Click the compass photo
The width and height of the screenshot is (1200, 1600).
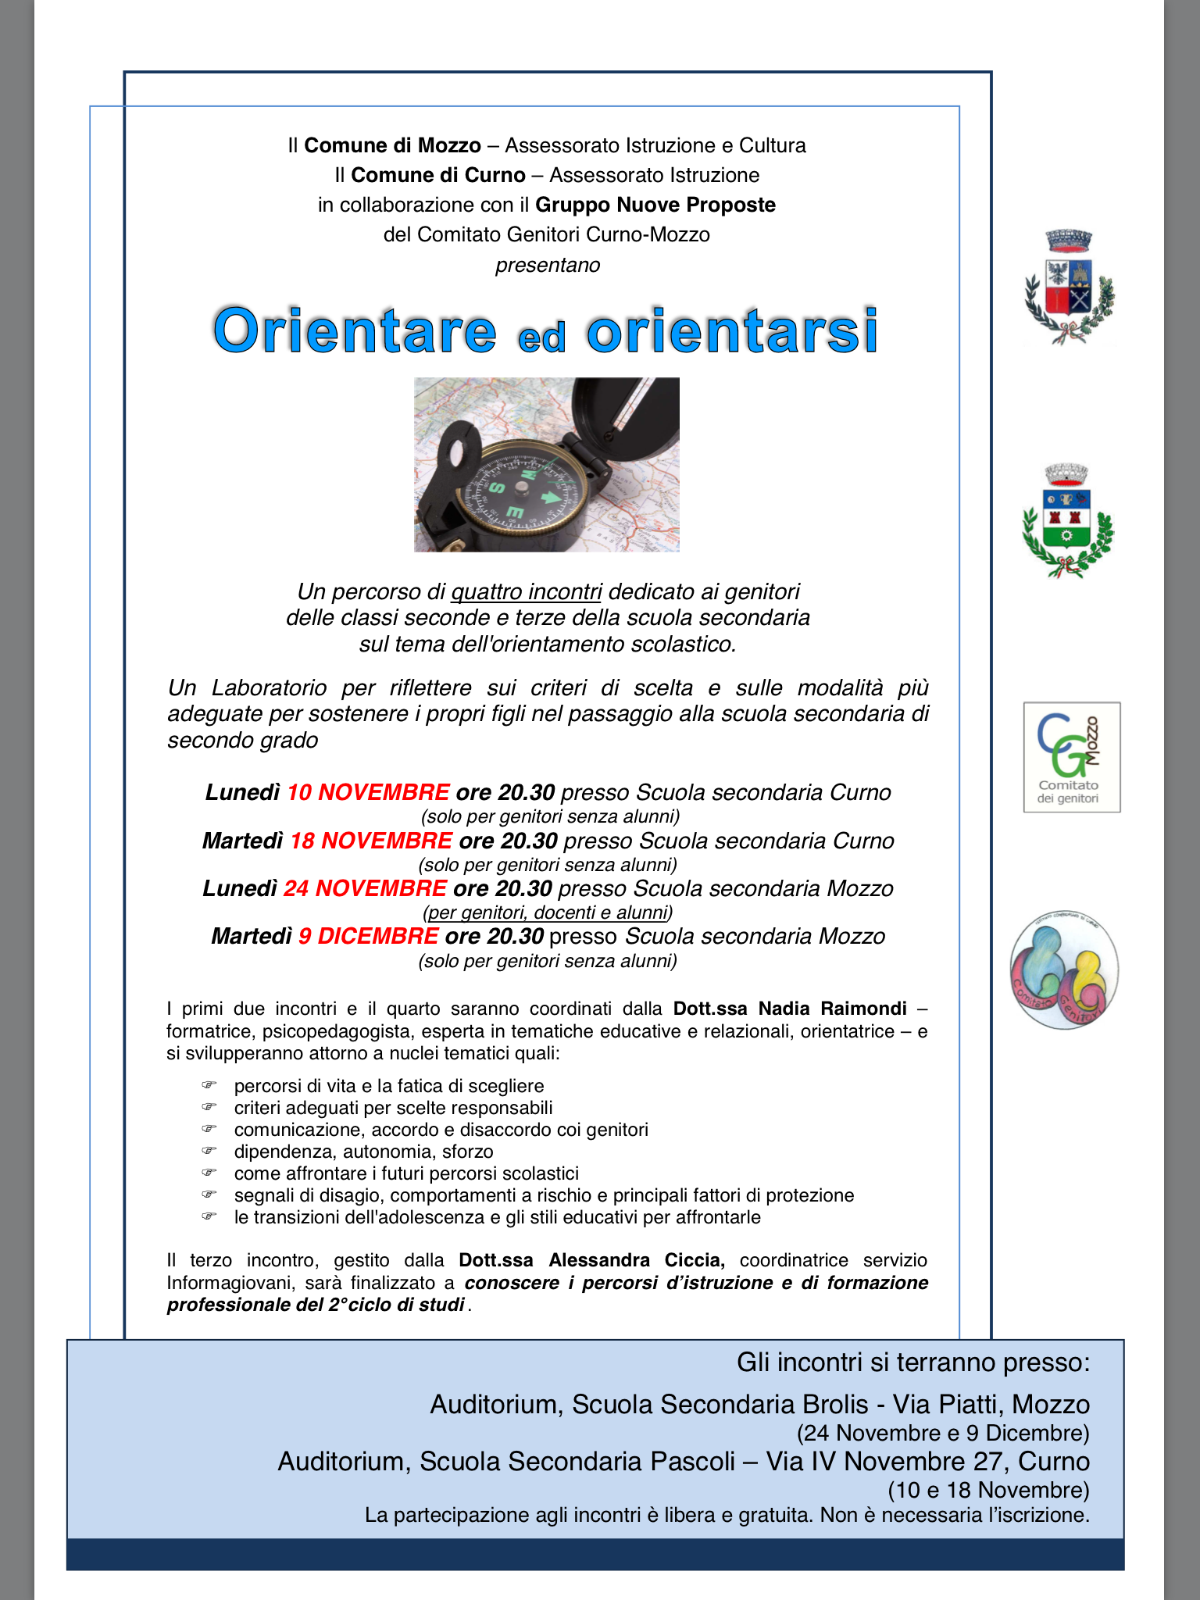coord(546,465)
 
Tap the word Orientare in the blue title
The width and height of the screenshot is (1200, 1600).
coord(355,330)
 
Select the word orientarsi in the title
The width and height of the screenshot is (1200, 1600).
coord(732,330)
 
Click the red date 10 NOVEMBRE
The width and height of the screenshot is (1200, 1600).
coord(368,792)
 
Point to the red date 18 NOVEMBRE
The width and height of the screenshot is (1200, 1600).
coord(371,841)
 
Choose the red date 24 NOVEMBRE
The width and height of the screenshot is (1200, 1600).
coord(365,888)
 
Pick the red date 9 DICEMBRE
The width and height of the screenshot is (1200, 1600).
coord(368,936)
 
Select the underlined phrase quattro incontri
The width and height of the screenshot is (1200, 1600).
coord(526,591)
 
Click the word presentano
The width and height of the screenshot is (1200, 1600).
coord(548,265)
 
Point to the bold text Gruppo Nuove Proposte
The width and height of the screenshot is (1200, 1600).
coord(655,205)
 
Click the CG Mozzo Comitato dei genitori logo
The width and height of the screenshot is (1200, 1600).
coord(1072,756)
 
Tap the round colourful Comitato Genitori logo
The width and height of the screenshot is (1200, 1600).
coord(1064,970)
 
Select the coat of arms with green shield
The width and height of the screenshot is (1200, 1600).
coord(1068,522)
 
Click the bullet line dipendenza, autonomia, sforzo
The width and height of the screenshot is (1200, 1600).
coord(363,1152)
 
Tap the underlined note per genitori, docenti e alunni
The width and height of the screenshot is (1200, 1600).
coord(548,912)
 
